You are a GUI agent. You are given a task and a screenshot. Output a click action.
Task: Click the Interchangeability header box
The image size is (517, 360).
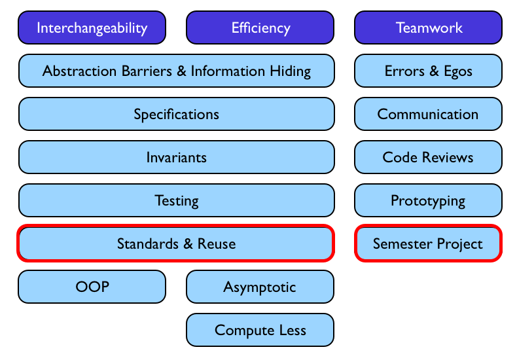pos(92,27)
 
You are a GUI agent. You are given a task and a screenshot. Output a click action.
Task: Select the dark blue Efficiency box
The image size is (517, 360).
pos(260,27)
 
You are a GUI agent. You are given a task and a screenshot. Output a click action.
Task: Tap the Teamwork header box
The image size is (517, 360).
pos(429,27)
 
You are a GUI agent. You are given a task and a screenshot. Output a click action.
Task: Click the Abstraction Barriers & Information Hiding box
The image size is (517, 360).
pos(176,71)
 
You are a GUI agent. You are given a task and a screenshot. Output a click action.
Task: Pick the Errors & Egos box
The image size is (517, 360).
pos(429,71)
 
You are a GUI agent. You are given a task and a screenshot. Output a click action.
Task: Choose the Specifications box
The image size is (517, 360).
pos(176,114)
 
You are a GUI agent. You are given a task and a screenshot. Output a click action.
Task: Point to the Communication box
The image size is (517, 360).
pos(429,114)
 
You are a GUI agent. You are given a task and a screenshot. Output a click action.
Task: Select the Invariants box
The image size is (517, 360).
pos(176,157)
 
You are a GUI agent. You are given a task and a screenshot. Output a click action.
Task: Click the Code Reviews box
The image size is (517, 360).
pos(429,157)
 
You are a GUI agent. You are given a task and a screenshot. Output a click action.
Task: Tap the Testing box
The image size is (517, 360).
pos(176,200)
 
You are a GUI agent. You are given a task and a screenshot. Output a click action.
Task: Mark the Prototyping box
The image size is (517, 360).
pos(429,200)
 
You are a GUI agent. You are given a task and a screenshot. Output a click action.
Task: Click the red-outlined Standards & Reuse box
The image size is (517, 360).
pos(176,243)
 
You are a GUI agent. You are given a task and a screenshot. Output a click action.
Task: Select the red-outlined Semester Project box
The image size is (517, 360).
pos(429,243)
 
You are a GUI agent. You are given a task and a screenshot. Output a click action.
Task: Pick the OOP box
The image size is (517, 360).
pos(92,287)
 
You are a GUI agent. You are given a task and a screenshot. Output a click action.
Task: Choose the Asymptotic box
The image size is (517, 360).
pos(260,287)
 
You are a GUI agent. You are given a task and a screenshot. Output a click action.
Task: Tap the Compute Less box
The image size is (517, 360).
pos(260,330)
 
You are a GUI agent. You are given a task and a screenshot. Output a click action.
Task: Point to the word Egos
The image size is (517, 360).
pos(457,71)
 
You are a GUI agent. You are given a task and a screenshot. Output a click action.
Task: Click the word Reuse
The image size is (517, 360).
pos(217,243)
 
